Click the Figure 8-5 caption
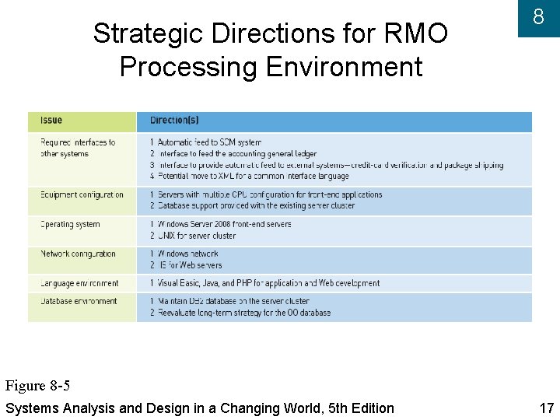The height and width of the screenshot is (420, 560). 37,386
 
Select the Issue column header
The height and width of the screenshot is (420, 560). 51,121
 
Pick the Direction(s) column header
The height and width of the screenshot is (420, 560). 174,121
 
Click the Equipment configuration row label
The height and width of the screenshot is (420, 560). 82,194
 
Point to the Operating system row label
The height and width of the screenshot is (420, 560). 70,224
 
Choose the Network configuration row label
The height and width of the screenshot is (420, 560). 78,254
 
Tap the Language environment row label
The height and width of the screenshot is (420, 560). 79,283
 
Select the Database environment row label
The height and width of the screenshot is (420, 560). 79,301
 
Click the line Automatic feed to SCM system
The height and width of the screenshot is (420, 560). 206,142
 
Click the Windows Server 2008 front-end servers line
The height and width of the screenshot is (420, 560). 221,224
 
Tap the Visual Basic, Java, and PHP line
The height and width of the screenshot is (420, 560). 264,283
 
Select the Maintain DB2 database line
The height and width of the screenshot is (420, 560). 229,301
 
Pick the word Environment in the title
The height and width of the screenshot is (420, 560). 344,67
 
